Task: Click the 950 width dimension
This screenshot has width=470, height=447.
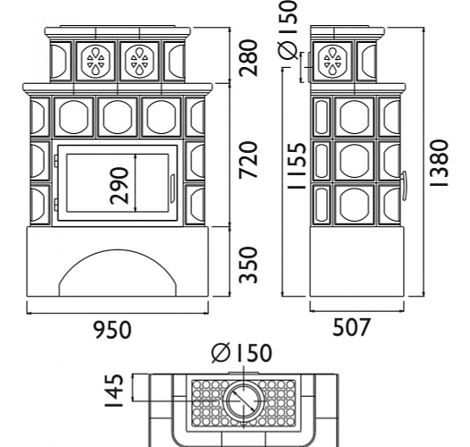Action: pyautogui.click(x=113, y=330)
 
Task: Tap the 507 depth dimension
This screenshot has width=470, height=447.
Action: pyautogui.click(x=351, y=326)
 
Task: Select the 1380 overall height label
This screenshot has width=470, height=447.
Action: pyautogui.click(x=439, y=163)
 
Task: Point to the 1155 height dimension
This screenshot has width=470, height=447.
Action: pyautogui.click(x=297, y=165)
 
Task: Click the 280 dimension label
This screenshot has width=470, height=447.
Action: pyautogui.click(x=248, y=57)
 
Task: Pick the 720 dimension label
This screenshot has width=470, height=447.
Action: pyautogui.click(x=248, y=160)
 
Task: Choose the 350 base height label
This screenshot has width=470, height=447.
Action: pyautogui.click(x=248, y=265)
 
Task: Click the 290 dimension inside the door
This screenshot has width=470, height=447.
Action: pyautogui.click(x=119, y=186)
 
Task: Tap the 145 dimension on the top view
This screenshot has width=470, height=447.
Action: pyautogui.click(x=114, y=391)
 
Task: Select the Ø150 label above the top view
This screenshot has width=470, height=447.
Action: pyautogui.click(x=241, y=352)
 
